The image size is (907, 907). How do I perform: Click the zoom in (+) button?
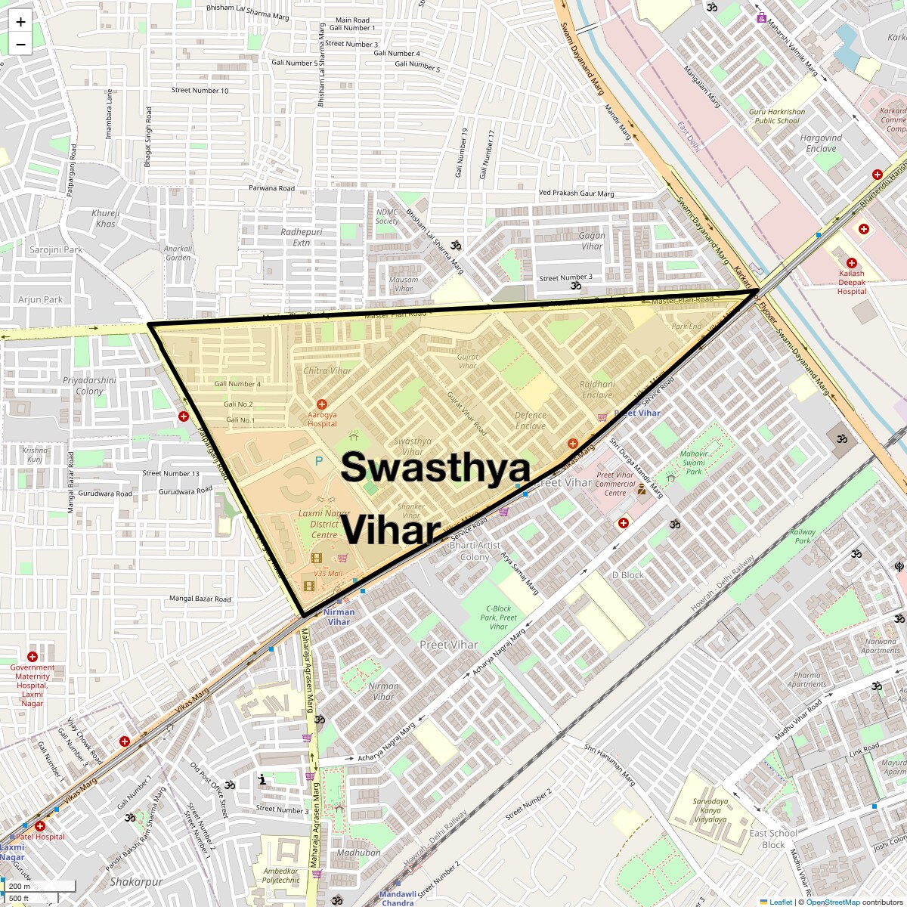click(20, 22)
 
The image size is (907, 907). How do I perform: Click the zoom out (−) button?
click(20, 44)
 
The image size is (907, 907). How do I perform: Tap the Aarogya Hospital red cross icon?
click(322, 405)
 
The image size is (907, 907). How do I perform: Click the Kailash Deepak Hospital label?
click(852, 283)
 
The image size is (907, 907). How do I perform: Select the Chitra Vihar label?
click(327, 371)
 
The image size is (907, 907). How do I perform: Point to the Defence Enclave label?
click(531, 421)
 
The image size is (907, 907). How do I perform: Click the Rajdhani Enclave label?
click(597, 389)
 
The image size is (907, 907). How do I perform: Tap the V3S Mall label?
click(328, 574)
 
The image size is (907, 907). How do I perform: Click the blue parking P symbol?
click(319, 460)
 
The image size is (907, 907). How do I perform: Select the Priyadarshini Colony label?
click(89, 385)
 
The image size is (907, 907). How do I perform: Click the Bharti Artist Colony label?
click(475, 551)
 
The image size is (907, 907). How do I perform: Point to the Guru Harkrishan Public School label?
click(777, 116)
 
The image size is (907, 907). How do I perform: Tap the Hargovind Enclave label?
click(821, 143)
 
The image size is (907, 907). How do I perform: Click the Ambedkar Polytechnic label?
click(281, 875)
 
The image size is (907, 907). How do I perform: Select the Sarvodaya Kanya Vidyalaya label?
click(710, 810)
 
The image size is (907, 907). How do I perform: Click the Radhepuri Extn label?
click(302, 237)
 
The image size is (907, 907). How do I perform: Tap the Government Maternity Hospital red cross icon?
click(33, 657)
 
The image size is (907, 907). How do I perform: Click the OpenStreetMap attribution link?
click(832, 902)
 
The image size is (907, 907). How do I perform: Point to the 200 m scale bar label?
click(20, 887)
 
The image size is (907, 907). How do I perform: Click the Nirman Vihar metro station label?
click(339, 617)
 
